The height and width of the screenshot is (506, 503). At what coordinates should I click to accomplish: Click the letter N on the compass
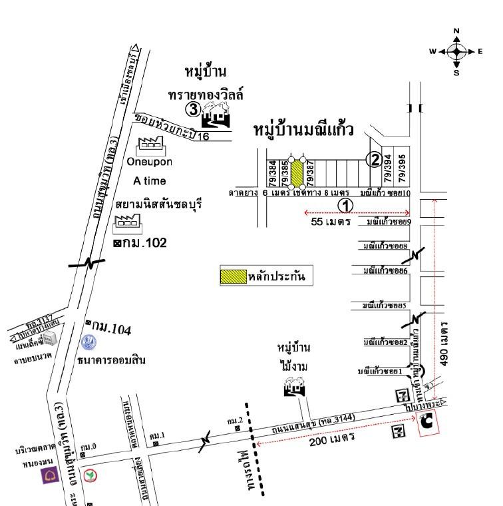tap(456, 31)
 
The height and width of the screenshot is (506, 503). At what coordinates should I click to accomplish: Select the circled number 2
tap(375, 160)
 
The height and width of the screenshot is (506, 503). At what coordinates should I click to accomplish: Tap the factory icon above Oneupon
tap(151, 143)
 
